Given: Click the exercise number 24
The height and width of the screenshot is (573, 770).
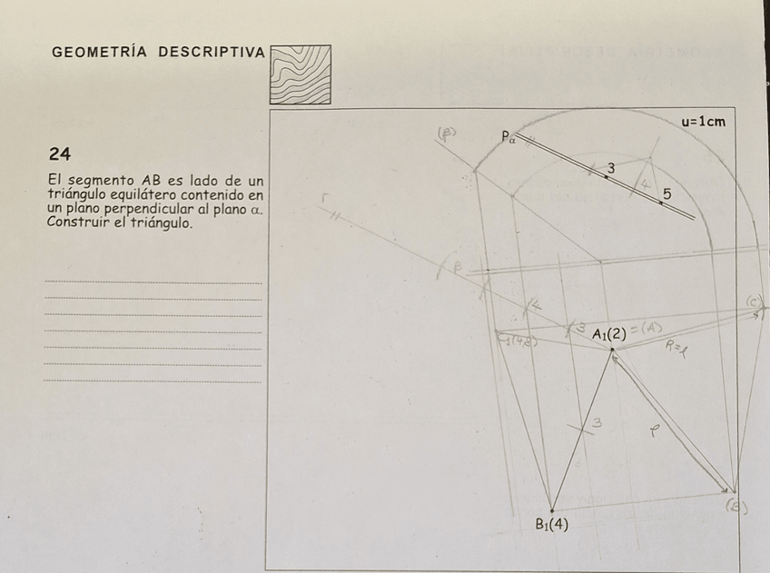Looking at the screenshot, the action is pyautogui.click(x=60, y=153).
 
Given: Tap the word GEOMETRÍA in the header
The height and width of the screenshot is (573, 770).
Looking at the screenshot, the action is pyautogui.click(x=100, y=52).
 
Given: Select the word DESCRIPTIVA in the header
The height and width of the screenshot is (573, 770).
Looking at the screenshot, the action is pyautogui.click(x=212, y=52).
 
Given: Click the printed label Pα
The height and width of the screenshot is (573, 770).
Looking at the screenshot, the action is pyautogui.click(x=508, y=137).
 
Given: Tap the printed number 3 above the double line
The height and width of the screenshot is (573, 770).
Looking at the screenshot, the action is pyautogui.click(x=610, y=168).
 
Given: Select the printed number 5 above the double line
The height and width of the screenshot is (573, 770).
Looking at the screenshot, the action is pyautogui.click(x=667, y=193).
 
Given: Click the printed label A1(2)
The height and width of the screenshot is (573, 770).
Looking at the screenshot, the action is pyautogui.click(x=609, y=334).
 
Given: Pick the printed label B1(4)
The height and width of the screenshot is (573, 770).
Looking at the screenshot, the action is pyautogui.click(x=551, y=524).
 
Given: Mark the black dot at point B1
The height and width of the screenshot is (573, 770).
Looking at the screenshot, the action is pyautogui.click(x=551, y=510).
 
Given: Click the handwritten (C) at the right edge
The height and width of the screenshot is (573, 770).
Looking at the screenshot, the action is pyautogui.click(x=754, y=301).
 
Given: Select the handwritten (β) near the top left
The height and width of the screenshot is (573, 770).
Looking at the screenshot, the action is pyautogui.click(x=447, y=132).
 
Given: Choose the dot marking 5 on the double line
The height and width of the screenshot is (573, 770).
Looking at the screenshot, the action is pyautogui.click(x=661, y=203).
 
